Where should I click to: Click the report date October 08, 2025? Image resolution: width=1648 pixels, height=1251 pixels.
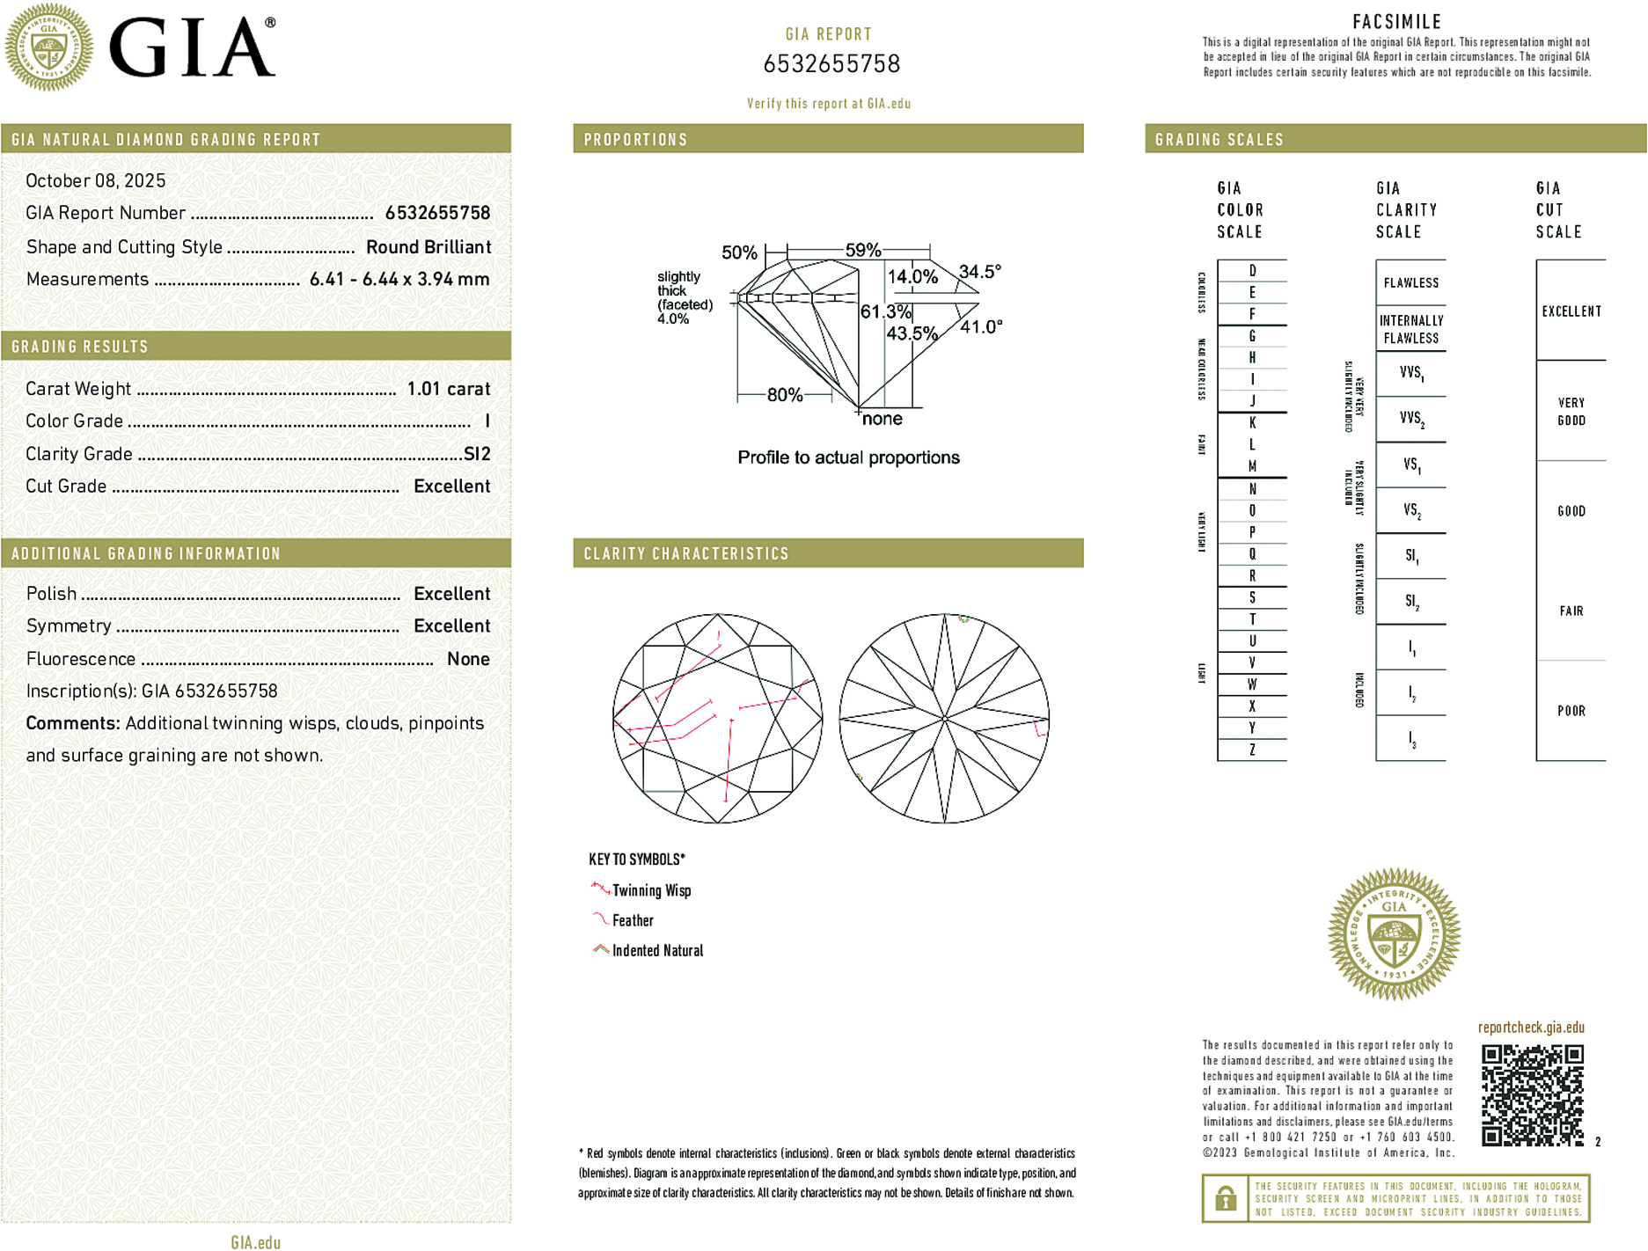pyautogui.click(x=95, y=181)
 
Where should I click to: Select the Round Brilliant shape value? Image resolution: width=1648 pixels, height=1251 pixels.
pyautogui.click(x=428, y=247)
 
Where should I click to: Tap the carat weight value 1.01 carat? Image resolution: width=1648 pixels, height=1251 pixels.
pyautogui.click(x=448, y=389)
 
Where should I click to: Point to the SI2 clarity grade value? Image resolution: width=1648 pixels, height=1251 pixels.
pyautogui.click(x=477, y=454)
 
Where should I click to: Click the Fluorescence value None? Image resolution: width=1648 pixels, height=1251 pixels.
pyautogui.click(x=468, y=659)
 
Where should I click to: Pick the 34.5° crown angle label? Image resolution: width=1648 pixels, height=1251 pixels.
pyautogui.click(x=979, y=272)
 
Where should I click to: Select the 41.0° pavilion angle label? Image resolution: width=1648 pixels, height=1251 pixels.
pyautogui.click(x=981, y=327)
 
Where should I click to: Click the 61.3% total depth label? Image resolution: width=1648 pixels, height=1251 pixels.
pyautogui.click(x=885, y=312)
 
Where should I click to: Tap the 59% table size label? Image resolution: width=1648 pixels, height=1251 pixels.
pyautogui.click(x=862, y=251)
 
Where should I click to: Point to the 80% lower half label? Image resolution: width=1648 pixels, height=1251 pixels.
pyautogui.click(x=784, y=395)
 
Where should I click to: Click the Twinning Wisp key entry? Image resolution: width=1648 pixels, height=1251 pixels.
pyautogui.click(x=651, y=891)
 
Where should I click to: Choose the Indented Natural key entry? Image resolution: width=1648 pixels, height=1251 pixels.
pyautogui.click(x=657, y=951)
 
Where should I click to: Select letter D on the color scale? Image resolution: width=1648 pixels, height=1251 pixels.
pyautogui.click(x=1252, y=271)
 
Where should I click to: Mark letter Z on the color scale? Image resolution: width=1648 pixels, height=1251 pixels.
pyautogui.click(x=1252, y=750)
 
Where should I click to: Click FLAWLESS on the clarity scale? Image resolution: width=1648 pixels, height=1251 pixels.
pyautogui.click(x=1410, y=283)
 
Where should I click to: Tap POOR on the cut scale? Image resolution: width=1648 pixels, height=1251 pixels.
pyautogui.click(x=1571, y=711)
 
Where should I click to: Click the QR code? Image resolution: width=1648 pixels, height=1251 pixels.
pyautogui.click(x=1532, y=1095)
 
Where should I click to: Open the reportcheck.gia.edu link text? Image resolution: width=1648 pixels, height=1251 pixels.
pyautogui.click(x=1531, y=1028)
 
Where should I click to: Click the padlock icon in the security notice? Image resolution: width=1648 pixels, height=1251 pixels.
pyautogui.click(x=1226, y=1198)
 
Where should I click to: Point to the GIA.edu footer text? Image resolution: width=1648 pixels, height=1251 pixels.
pyautogui.click(x=256, y=1242)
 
